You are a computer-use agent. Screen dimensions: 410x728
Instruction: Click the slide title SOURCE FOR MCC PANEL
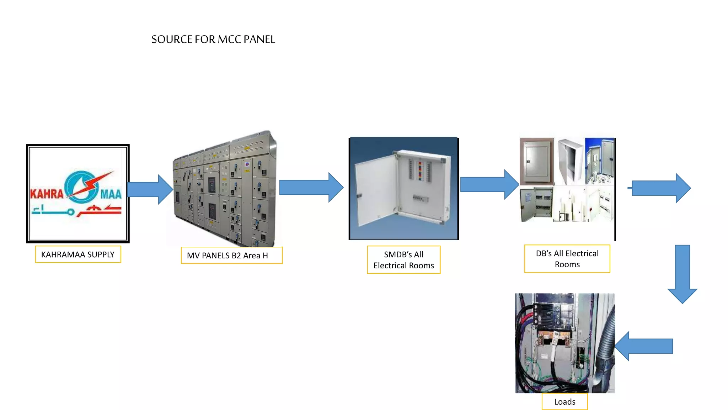point(213,39)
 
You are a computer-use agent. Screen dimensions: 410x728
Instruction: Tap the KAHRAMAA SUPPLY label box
point(78,254)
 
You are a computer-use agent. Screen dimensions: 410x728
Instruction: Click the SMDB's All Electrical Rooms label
point(403,260)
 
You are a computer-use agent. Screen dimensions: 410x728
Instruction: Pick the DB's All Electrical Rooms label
point(567,259)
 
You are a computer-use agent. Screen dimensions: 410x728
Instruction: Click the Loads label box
point(564,402)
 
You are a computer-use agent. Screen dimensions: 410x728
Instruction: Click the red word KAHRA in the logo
point(47,194)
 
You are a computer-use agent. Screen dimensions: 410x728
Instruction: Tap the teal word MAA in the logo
point(111,194)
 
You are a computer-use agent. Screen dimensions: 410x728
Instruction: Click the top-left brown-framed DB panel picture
point(536,161)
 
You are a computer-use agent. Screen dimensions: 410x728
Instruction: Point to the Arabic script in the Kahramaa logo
point(76,210)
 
